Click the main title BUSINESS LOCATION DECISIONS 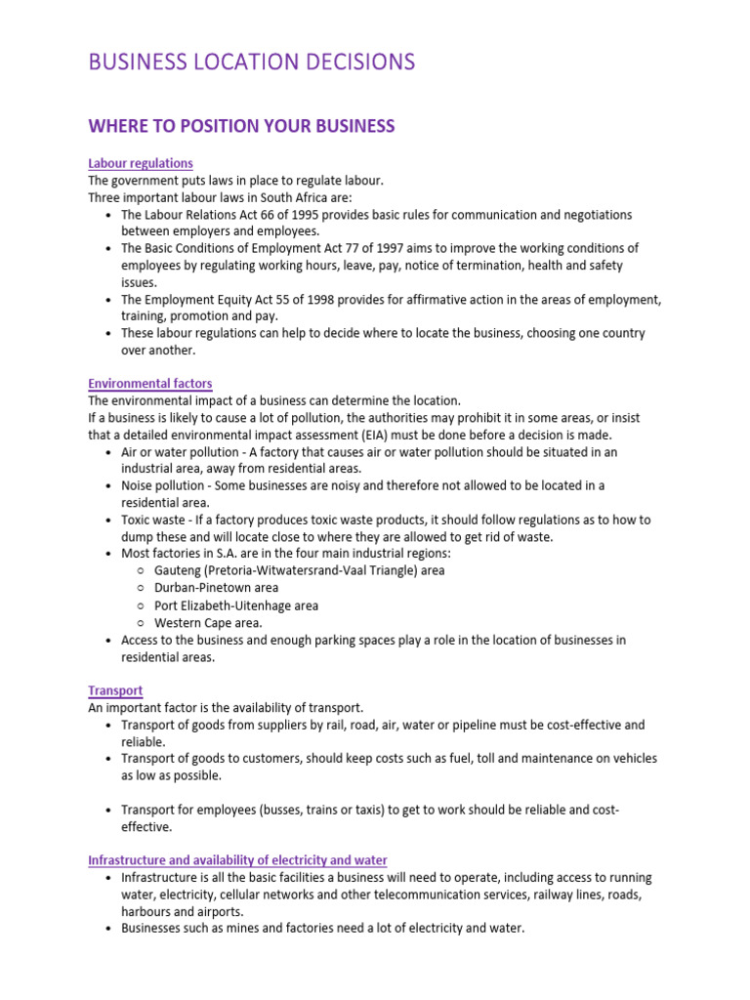pyautogui.click(x=251, y=62)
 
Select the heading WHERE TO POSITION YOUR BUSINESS pyautogui.click(x=241, y=126)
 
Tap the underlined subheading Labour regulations pyautogui.click(x=140, y=163)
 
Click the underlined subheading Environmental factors pyautogui.click(x=149, y=384)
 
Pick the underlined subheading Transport pyautogui.click(x=115, y=690)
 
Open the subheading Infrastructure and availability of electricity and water pyautogui.click(x=237, y=860)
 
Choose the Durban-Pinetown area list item pyautogui.click(x=216, y=588)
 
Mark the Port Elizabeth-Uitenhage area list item pyautogui.click(x=236, y=605)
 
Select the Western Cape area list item pyautogui.click(x=208, y=622)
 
